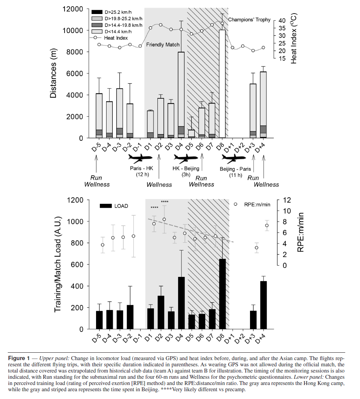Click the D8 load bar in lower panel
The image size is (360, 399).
222,294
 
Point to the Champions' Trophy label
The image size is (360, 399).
249,19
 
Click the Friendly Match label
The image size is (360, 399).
163,45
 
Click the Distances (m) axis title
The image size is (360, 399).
55,74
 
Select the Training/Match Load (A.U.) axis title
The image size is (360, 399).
57,264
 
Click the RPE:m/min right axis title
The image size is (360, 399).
301,232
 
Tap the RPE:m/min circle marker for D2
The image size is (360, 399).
164,219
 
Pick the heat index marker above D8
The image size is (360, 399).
222,23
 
